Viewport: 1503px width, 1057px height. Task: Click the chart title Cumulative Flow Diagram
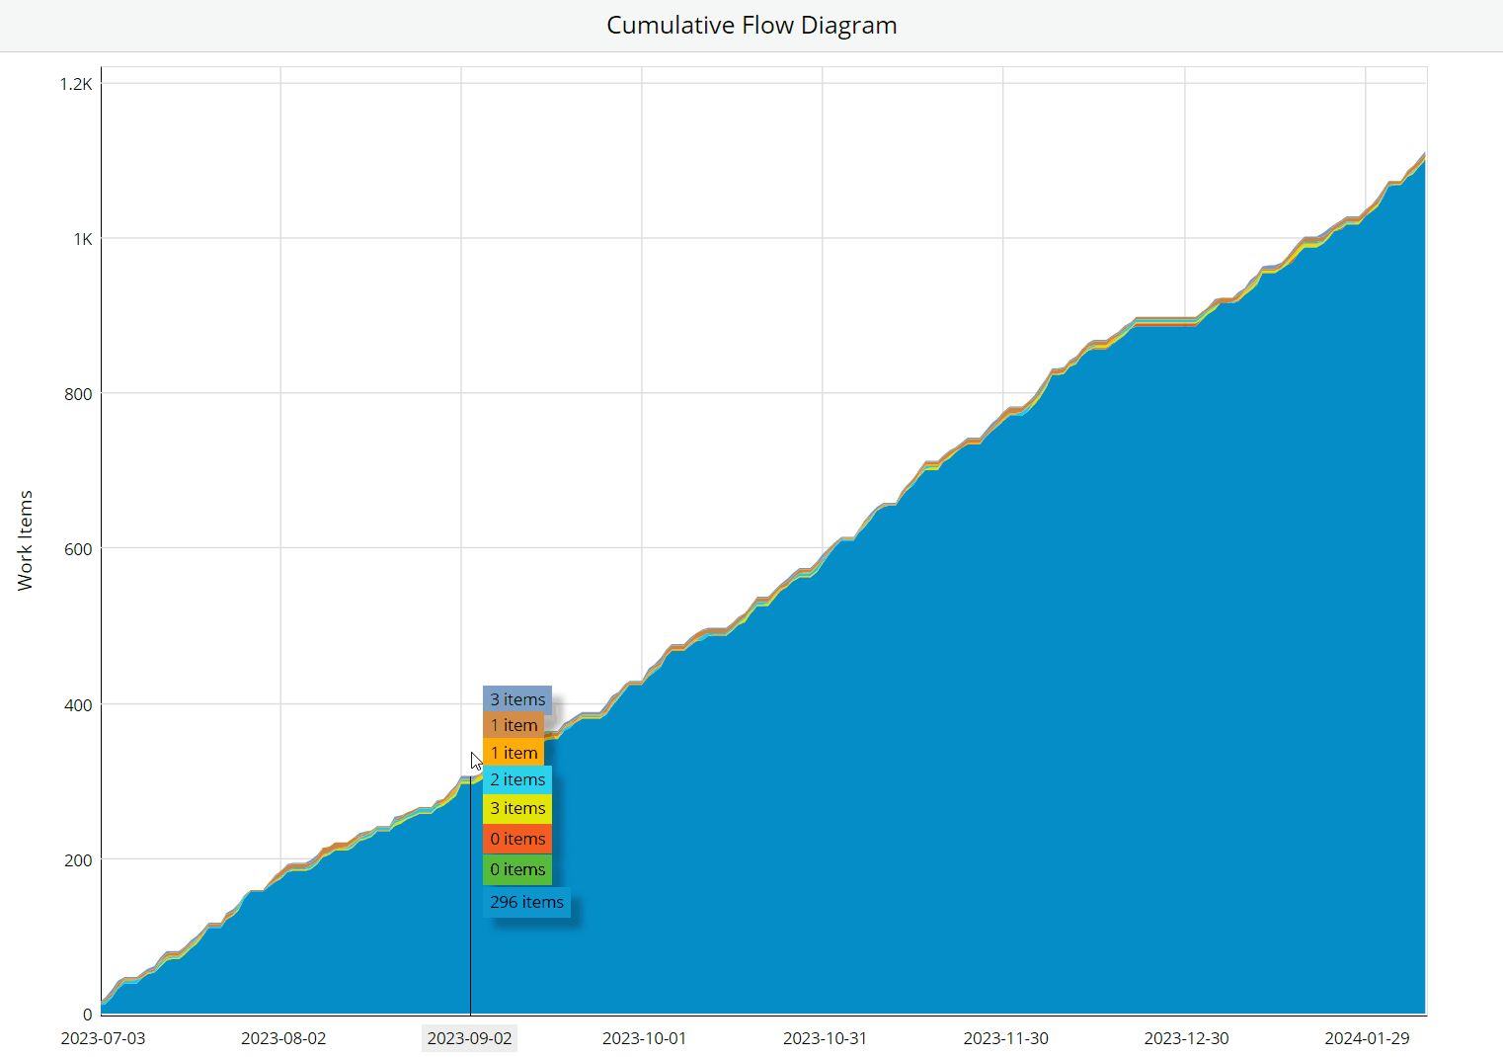click(x=751, y=25)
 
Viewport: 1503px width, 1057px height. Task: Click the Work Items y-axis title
click(x=25, y=540)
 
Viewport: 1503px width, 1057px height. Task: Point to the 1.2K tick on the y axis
click(x=76, y=84)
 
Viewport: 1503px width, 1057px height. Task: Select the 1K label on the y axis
click(x=82, y=239)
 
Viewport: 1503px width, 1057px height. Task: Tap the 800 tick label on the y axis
click(x=78, y=394)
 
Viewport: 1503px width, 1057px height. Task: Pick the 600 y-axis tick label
click(x=78, y=549)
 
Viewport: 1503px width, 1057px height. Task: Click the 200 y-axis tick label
click(x=78, y=860)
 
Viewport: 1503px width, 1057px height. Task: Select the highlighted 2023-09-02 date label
click(x=469, y=1038)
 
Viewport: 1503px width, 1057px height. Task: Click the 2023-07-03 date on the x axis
click(x=103, y=1038)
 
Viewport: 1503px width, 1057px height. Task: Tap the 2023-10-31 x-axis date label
click(x=825, y=1038)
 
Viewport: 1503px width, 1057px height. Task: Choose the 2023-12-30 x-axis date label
click(x=1186, y=1038)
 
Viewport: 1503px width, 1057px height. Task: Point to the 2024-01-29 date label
click(x=1367, y=1038)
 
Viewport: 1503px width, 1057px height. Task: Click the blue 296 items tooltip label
click(x=526, y=902)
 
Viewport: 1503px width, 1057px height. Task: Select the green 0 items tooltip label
click(x=517, y=869)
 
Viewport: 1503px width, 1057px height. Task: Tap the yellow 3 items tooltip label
click(x=517, y=808)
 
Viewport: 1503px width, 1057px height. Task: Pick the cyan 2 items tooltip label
click(x=517, y=779)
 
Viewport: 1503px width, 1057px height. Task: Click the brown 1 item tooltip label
click(x=514, y=725)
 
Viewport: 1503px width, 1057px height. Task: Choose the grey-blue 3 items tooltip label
click(x=517, y=699)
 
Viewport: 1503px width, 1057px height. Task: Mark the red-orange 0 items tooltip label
click(x=517, y=839)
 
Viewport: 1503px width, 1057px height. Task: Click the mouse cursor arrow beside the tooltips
click(x=476, y=761)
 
